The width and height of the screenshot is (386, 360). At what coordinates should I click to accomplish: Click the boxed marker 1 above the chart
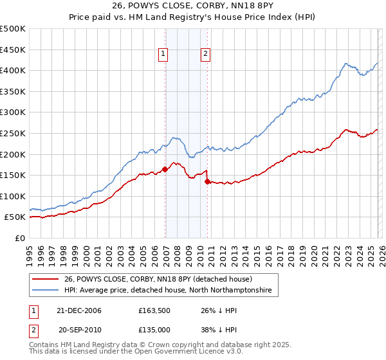coord(164,55)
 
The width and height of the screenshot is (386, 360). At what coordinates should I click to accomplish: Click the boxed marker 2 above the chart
coord(205,55)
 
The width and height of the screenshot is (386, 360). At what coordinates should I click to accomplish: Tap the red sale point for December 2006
coord(165,170)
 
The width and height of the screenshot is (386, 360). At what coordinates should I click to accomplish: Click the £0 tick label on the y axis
coord(20,238)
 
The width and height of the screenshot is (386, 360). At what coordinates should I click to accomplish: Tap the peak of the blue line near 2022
coord(346,64)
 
